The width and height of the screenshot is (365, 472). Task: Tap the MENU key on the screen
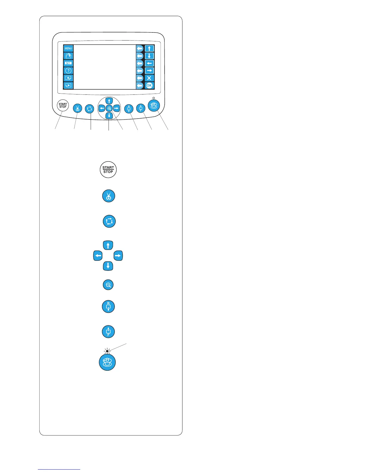(68, 48)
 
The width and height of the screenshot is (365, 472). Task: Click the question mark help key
(68, 71)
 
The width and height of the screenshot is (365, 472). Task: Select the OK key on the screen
(149, 86)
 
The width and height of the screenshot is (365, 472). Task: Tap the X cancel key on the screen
(149, 78)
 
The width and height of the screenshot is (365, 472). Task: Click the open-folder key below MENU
(68, 56)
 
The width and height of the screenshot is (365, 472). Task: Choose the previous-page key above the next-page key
(68, 78)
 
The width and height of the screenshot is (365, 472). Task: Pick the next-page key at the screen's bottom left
(68, 86)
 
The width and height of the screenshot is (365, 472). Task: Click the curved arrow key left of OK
(140, 86)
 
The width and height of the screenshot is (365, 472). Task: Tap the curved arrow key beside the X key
(140, 78)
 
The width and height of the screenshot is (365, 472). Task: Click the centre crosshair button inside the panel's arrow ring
(109, 108)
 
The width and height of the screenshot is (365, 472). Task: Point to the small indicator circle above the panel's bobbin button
(153, 98)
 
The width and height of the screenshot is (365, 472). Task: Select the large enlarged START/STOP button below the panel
(108, 170)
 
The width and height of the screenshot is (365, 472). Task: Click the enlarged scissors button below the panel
(109, 196)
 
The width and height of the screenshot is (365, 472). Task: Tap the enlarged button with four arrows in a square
(109, 221)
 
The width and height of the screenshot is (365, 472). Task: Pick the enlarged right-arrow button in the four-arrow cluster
(118, 256)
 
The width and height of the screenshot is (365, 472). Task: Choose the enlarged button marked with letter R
(108, 307)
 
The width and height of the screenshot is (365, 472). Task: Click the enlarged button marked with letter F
(108, 331)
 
